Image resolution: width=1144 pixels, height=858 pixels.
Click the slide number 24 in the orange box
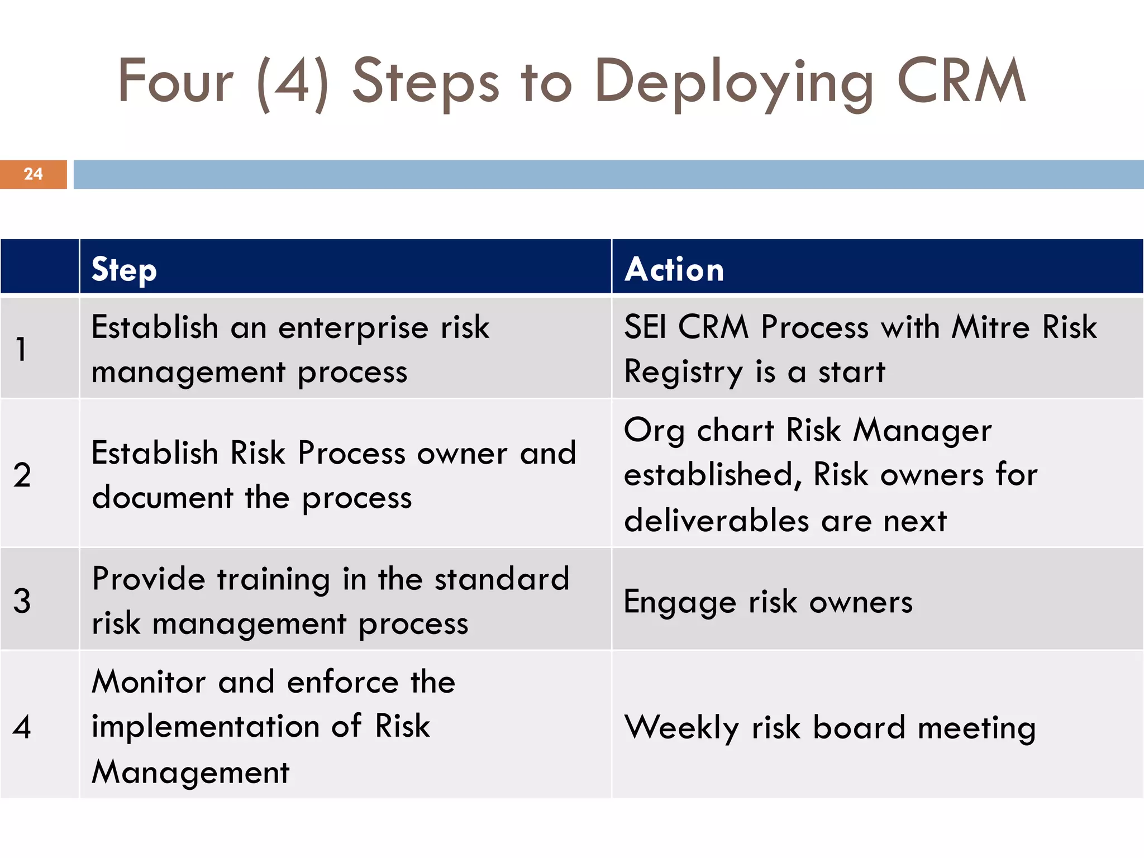[34, 174]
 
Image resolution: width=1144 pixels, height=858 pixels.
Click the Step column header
[124, 270]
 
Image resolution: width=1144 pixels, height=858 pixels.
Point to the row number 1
[21, 350]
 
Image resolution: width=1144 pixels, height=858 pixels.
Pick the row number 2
[22, 475]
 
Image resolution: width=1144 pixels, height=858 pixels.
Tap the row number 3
[22, 601]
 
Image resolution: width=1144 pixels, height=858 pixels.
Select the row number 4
[22, 727]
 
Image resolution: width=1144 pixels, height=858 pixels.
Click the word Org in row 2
[654, 431]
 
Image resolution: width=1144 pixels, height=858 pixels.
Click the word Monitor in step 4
[149, 682]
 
